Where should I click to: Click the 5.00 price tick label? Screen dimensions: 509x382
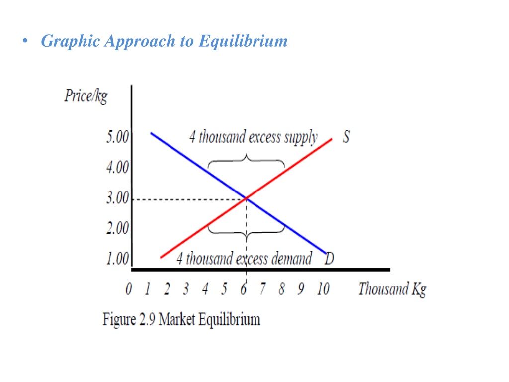[117, 136]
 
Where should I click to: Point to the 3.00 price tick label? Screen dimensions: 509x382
[117, 197]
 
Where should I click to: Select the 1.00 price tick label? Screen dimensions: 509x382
[117, 259]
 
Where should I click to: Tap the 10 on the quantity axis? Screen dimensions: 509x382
[323, 288]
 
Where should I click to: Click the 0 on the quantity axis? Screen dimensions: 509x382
[129, 288]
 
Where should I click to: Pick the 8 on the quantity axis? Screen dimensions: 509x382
[281, 288]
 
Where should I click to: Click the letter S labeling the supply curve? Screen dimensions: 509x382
[346, 137]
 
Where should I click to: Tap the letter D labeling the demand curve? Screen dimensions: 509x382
[329, 259]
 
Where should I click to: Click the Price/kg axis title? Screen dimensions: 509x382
[86, 96]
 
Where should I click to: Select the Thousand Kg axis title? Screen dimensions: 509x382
[393, 289]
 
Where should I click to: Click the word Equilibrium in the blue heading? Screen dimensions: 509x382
[243, 41]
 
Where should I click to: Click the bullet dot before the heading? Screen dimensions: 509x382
[25, 41]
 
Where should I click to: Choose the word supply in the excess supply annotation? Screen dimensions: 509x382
[301, 137]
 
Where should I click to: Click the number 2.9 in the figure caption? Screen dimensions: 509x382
[147, 319]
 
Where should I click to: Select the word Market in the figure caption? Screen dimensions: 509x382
[176, 319]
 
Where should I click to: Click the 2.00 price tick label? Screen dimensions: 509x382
[117, 228]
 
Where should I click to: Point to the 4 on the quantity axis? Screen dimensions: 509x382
[205, 288]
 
